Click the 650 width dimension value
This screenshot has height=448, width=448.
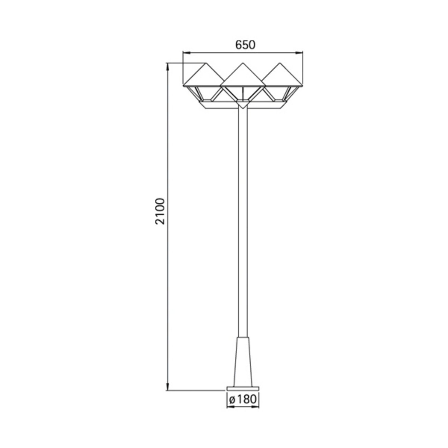245,45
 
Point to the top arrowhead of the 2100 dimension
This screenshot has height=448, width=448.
168,66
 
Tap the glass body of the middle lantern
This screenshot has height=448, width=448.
242,94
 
